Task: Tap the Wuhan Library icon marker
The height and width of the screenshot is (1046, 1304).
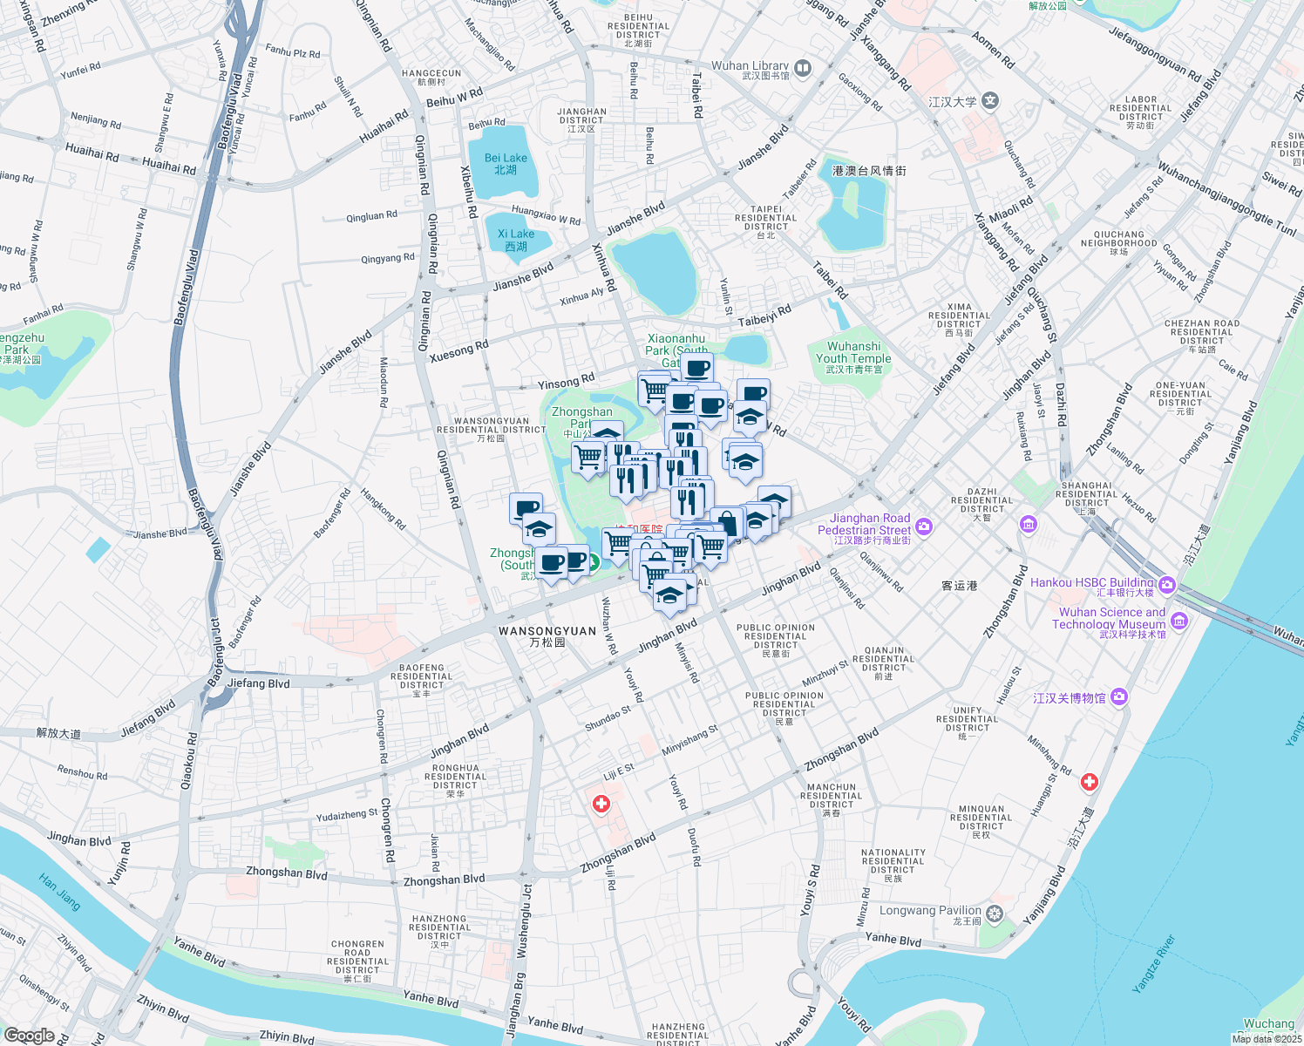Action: [803, 67]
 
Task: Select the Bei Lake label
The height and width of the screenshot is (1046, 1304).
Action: [506, 164]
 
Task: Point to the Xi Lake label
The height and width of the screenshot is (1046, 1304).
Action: [516, 240]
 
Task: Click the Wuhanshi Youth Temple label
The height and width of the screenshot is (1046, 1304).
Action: [853, 357]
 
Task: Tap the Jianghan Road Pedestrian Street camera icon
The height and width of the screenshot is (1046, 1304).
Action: [924, 526]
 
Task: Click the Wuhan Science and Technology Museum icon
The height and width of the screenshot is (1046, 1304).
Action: [1179, 621]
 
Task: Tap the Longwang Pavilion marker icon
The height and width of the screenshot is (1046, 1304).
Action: [995, 914]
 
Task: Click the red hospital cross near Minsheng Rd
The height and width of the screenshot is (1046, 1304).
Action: [1089, 782]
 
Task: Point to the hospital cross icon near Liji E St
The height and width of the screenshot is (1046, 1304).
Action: [601, 804]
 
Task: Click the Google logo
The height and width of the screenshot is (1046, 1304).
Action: [29, 1035]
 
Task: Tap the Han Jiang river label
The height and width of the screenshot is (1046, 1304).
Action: [60, 892]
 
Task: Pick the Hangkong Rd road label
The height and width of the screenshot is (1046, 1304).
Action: [384, 509]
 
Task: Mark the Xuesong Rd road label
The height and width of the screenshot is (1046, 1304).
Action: [458, 351]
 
